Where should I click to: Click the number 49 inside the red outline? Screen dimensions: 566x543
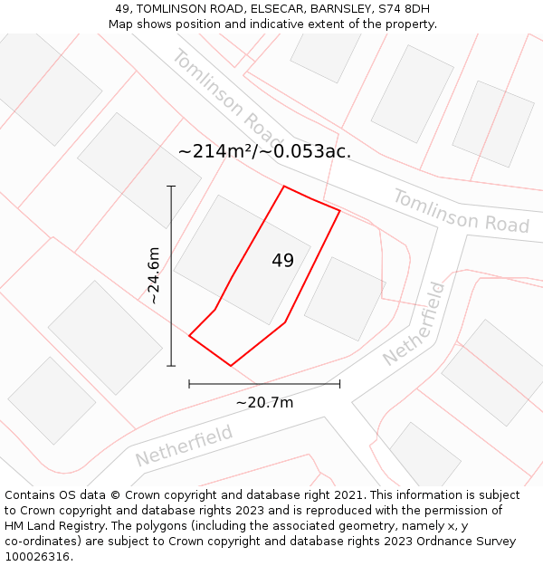tap(282, 261)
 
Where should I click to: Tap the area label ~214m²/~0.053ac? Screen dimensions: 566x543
tap(264, 151)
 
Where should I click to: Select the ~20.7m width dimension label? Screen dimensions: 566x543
tap(264, 402)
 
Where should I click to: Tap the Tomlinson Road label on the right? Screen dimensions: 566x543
tap(461, 211)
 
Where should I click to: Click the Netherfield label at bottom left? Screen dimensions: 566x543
tap(184, 445)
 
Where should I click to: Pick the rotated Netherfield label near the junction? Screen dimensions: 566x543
tap(415, 323)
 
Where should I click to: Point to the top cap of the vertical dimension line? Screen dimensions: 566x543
tap(171, 186)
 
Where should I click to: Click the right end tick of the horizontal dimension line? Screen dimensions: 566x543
tap(339, 384)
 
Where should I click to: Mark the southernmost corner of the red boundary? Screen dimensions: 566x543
tap(231, 366)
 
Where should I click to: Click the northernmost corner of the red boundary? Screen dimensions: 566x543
tap(284, 187)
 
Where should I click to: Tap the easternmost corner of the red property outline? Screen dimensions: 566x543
tap(339, 210)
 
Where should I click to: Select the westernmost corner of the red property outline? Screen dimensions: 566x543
tap(189, 336)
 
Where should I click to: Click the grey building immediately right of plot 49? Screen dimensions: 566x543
tap(345, 299)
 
